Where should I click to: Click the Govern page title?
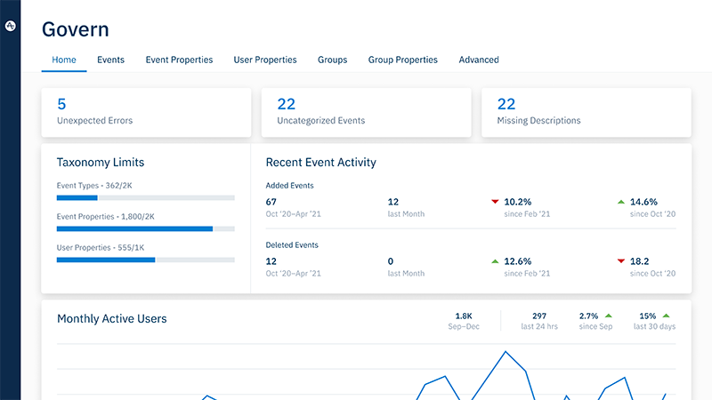[76, 29]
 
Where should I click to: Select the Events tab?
[110, 60]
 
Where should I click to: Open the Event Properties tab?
[179, 60]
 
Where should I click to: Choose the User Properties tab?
[265, 60]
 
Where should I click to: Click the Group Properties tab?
[402, 60]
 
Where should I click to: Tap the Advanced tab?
[479, 60]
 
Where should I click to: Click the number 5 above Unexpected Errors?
[61, 104]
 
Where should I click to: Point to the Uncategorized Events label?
[320, 121]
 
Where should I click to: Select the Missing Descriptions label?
[538, 121]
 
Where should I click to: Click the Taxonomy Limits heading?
[101, 163]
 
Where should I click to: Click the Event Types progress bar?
[145, 197]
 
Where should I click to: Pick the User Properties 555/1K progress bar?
[145, 260]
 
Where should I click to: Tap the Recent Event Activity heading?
[320, 163]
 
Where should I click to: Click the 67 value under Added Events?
[272, 202]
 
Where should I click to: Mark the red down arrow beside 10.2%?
[495, 202]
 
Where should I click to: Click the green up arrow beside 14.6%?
[620, 202]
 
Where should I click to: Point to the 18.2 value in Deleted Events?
[640, 261]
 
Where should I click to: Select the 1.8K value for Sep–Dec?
[464, 316]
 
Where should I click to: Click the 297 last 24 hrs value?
[539, 316]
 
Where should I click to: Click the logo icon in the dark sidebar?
[10, 27]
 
